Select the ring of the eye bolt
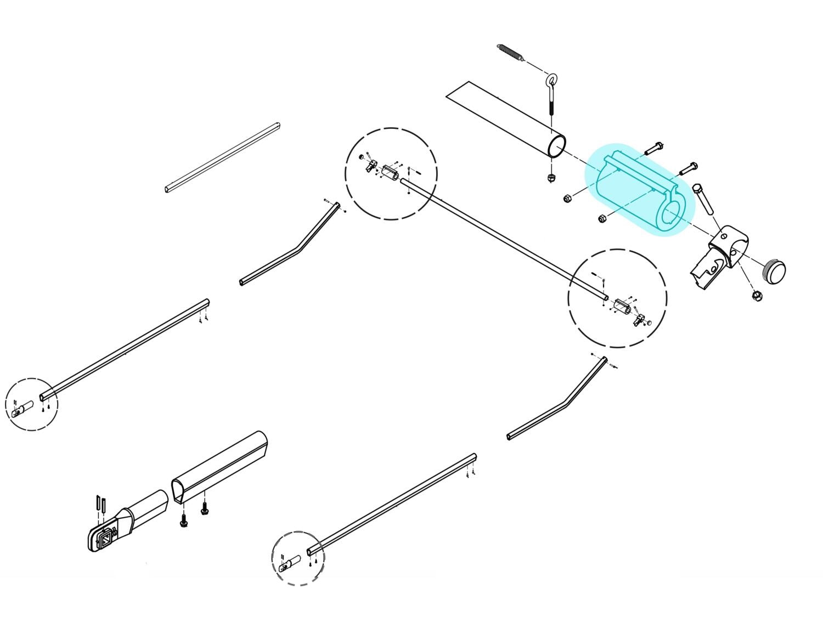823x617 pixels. click(551, 81)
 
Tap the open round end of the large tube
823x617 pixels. click(557, 147)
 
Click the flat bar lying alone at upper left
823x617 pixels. click(222, 157)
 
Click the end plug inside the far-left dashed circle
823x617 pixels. click(22, 409)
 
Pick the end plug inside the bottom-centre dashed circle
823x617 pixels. click(291, 562)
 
